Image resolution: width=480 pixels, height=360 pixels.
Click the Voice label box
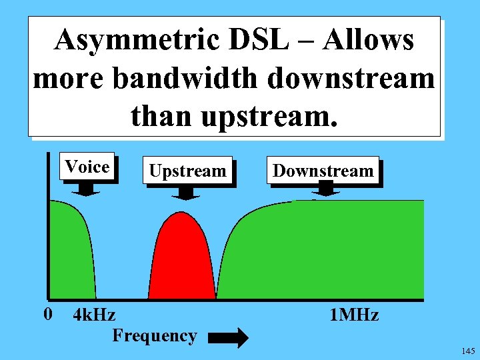click(x=87, y=167)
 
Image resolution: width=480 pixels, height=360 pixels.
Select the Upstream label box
click(x=187, y=171)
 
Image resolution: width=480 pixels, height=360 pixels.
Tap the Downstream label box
click(x=323, y=171)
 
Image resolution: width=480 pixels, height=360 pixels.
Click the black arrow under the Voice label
click(x=86, y=189)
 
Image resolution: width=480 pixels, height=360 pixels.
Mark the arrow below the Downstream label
click(x=325, y=190)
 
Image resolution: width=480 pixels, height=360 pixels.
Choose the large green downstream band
click(x=333, y=253)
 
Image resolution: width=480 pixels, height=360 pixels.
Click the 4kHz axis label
click(x=93, y=315)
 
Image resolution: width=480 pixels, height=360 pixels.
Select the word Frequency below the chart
click(x=155, y=335)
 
